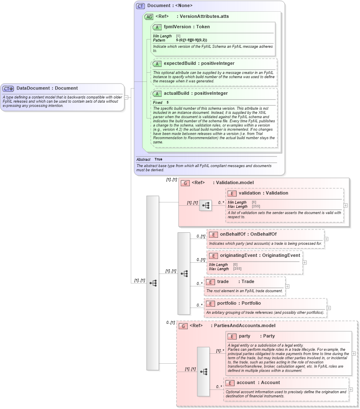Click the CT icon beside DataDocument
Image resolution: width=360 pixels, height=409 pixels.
coord(8,89)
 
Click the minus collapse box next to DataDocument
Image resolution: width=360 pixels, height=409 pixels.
coord(126,97)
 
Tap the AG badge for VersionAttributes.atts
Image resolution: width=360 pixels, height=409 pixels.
coord(149,17)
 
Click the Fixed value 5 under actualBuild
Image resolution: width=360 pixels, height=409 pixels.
coord(168,102)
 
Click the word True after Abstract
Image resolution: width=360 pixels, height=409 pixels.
coord(158,159)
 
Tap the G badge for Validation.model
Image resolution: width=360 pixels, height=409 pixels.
coord(185,183)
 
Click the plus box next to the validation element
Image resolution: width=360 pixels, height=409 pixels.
coord(345,205)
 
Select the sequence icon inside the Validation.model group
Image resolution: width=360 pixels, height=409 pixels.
coord(205,205)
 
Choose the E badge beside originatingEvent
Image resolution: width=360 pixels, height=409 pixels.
coord(213,256)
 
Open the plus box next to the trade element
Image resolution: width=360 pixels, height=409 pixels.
coord(287,286)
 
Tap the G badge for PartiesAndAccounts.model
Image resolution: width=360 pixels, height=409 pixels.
coord(183,326)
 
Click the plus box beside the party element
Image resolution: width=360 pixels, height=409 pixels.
coord(353,353)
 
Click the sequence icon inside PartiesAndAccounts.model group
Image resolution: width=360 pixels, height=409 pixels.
coord(203,371)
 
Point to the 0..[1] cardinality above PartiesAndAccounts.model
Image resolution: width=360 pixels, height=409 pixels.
coord(170,323)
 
